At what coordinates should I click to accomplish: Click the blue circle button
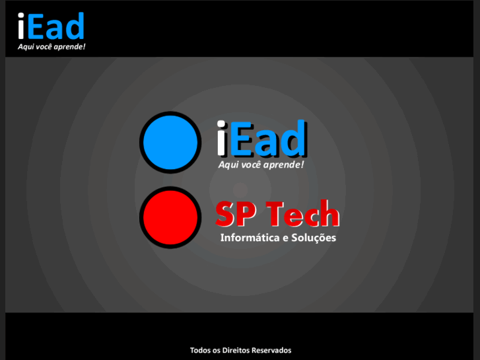[170, 142]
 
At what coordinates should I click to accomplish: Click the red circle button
[170, 217]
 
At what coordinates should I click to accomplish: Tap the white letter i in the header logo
[22, 26]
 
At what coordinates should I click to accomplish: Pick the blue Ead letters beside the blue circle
[270, 139]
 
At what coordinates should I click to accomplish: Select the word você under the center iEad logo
[250, 164]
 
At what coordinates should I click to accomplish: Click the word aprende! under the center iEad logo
[283, 164]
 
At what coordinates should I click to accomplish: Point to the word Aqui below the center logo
[228, 164]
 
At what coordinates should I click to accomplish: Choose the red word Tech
[302, 214]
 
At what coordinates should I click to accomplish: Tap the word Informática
[250, 238]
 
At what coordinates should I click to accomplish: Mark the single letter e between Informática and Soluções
[285, 238]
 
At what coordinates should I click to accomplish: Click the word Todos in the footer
[200, 350]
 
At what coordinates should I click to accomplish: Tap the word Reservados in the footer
[271, 350]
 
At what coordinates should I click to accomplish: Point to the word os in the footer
[217, 350]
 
